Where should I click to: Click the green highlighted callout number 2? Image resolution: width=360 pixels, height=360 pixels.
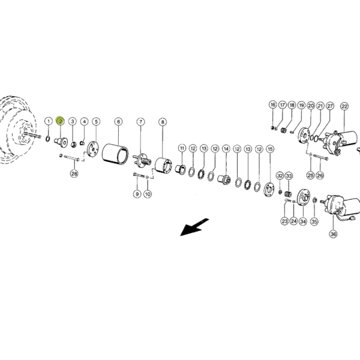61,121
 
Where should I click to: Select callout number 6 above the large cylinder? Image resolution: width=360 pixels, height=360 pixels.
118,121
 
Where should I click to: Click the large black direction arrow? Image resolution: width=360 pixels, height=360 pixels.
194,227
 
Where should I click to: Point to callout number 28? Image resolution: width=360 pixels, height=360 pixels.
74,173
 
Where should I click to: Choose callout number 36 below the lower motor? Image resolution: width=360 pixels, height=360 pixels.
333,234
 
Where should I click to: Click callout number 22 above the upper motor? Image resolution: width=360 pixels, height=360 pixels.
344,106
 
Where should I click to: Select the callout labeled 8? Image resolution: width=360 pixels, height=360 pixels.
163,122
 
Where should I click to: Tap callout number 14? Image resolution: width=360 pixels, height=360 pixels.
226,149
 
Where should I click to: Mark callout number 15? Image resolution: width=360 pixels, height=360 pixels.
270,149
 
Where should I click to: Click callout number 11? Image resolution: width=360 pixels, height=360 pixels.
182,148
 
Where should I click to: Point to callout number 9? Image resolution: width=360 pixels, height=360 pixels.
137,194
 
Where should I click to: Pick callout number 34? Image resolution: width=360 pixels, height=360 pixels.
303,221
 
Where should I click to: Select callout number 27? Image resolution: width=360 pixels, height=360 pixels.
330,106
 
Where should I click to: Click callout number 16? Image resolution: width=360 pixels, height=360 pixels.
273,104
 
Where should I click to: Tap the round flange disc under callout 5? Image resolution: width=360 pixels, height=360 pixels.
93,149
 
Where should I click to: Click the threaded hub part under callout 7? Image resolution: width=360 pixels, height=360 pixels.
143,160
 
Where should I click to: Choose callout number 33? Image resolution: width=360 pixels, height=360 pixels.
289,176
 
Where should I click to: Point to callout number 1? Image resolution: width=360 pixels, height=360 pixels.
49,121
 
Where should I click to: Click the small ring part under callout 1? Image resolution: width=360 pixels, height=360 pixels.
48,139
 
